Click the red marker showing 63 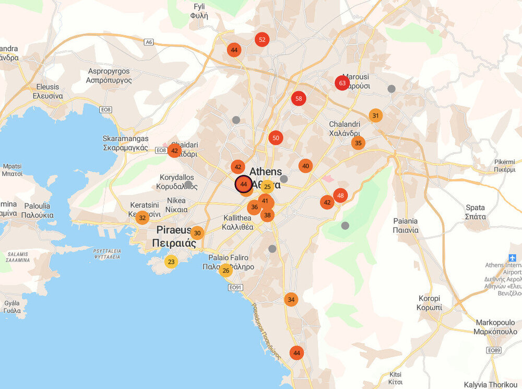point(342,83)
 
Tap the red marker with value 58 point(299,98)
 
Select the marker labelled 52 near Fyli point(262,39)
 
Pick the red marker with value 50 point(276,138)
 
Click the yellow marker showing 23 point(171,262)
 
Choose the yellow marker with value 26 point(226,270)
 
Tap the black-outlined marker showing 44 point(243,184)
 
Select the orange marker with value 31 point(375,116)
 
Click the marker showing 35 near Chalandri point(358,143)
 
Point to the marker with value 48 point(340,196)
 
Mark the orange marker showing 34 point(291,300)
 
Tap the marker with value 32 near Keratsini point(142,218)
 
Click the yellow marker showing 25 point(267,187)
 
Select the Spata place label point(475,212)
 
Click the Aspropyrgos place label point(110,76)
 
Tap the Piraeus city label point(174,236)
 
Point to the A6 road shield point(149,42)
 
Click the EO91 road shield point(236,288)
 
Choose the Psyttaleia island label point(106,254)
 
